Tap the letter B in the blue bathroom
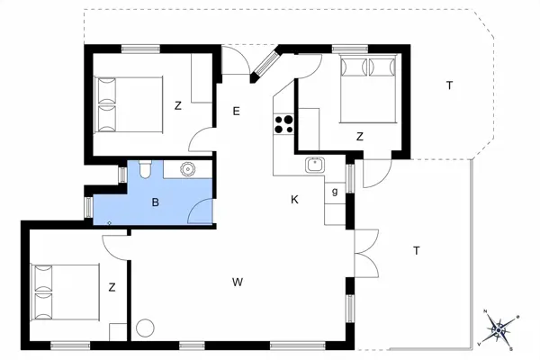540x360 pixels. (156, 203)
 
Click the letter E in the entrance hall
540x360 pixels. (236, 112)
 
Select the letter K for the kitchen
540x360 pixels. (294, 199)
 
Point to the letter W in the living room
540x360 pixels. (238, 283)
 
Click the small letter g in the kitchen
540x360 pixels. (335, 192)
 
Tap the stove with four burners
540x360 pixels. (284, 122)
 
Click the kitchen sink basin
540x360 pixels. (315, 165)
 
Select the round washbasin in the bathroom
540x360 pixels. (188, 167)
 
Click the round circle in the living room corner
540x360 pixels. (146, 328)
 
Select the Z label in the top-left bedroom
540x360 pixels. (178, 105)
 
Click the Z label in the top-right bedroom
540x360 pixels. (359, 137)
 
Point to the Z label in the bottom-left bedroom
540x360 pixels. (112, 288)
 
